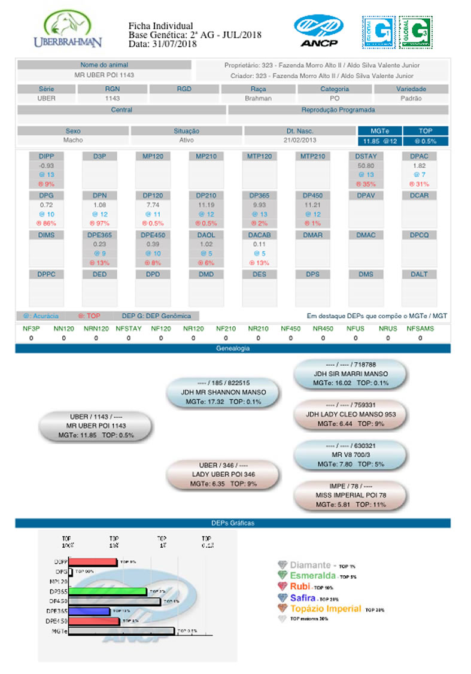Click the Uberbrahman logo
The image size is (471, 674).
click(68, 31)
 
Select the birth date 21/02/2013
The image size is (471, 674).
click(300, 141)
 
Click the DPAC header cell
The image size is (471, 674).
click(419, 156)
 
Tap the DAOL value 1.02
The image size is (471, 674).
click(206, 244)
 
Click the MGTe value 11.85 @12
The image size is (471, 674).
click(380, 141)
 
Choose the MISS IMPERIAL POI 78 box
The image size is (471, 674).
click(351, 496)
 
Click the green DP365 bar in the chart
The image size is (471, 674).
click(108, 591)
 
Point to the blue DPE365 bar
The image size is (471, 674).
click(89, 611)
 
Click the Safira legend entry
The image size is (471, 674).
click(303, 597)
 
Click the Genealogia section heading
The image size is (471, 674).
click(233, 348)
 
